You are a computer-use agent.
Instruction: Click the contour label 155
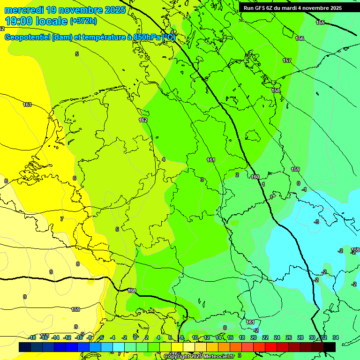point(320,22)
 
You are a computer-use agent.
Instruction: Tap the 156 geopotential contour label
point(300,38)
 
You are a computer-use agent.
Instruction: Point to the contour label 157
point(287,60)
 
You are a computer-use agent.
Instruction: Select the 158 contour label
point(276,90)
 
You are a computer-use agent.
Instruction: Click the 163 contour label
point(27,105)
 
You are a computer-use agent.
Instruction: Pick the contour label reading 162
point(143,120)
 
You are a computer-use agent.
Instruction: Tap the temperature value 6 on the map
point(74,178)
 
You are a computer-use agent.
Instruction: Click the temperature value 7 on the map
point(61,219)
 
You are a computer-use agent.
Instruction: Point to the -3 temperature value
point(316,221)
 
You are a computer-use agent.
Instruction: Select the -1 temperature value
point(304,189)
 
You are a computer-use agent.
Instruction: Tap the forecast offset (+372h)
point(83,21)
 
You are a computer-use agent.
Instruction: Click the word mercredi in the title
point(24,9)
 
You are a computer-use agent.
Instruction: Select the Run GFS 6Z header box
point(292,8)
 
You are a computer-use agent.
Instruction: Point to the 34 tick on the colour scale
point(335,337)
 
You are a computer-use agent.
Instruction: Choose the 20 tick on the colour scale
point(253,337)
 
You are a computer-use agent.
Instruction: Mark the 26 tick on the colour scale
point(288,337)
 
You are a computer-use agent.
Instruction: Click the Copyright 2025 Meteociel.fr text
point(199,356)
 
